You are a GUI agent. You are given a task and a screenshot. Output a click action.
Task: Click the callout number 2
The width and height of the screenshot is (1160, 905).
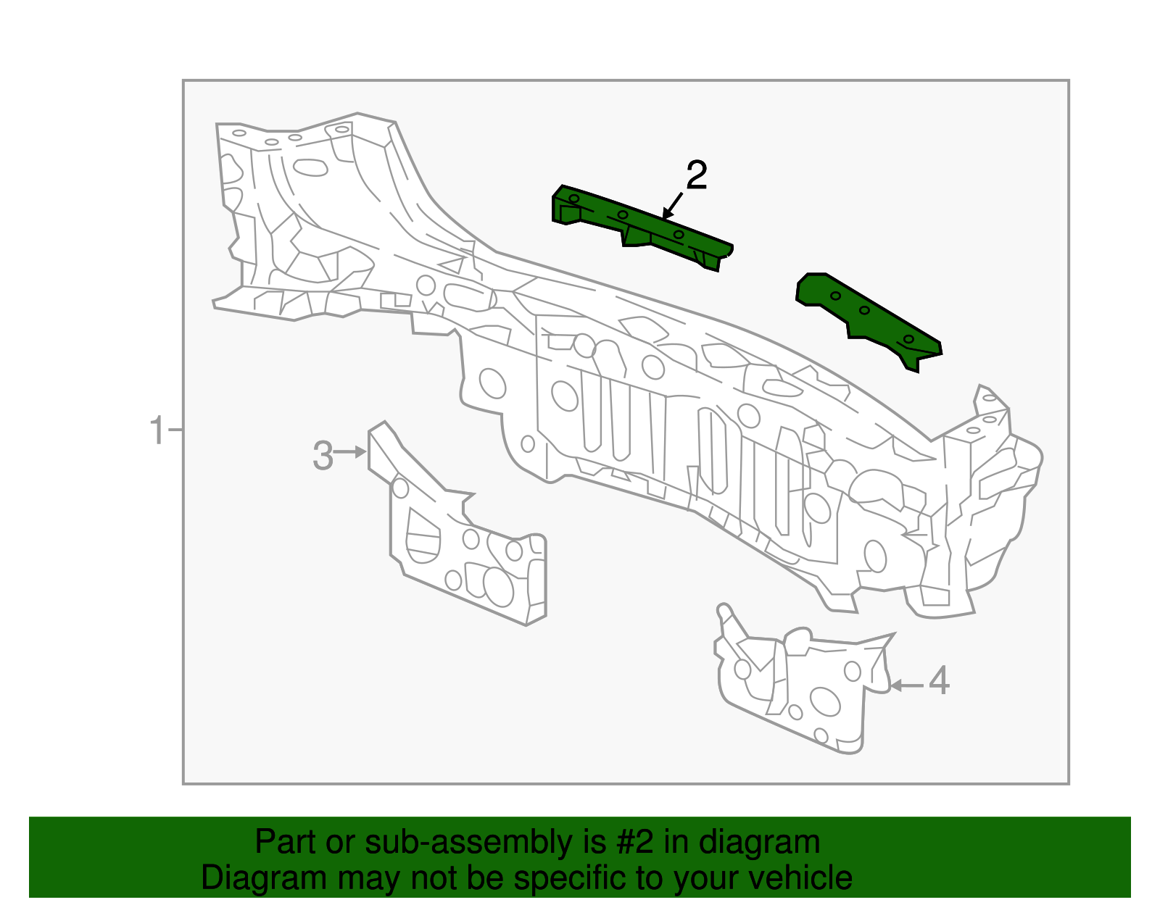point(696,176)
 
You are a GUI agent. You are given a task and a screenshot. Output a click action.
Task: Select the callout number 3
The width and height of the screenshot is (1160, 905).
point(323,456)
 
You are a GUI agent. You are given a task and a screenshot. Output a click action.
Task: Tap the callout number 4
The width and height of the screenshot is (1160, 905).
point(939,681)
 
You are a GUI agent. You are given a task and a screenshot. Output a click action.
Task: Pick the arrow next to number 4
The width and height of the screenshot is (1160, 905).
point(906,685)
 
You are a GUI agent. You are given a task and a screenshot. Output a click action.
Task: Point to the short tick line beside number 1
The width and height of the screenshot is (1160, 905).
point(175,430)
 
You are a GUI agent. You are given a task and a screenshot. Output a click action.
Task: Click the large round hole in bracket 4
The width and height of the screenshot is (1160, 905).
point(824,701)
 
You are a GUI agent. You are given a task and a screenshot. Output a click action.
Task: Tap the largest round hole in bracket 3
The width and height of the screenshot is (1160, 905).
point(498,586)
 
